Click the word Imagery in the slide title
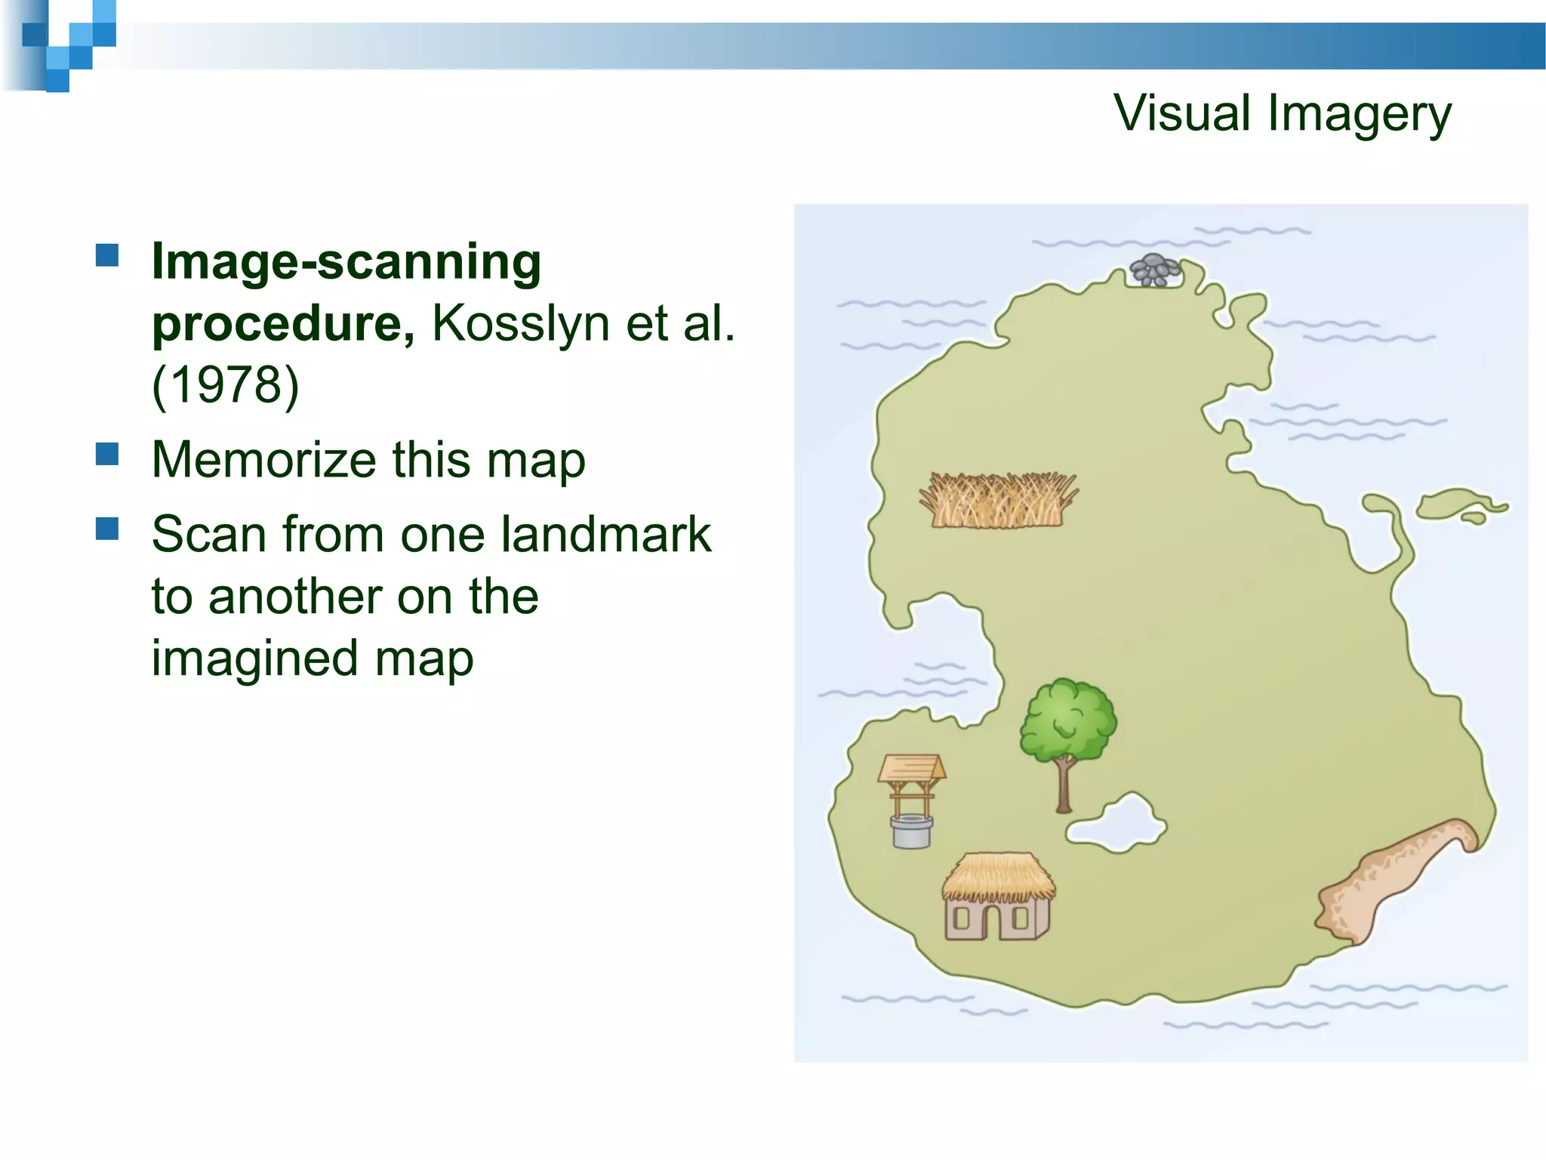(x=1359, y=115)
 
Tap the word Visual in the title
(x=1182, y=113)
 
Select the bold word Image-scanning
(x=346, y=262)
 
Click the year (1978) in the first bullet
(x=226, y=385)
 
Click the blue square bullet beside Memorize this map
(x=107, y=454)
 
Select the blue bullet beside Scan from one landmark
(x=107, y=529)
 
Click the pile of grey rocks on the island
(x=1153, y=270)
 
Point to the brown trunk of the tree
(x=1064, y=785)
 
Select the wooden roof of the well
(x=911, y=768)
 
